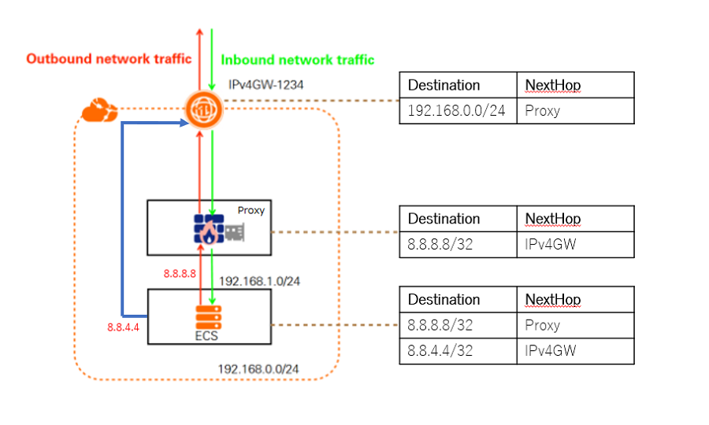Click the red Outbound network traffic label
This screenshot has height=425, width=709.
click(x=109, y=58)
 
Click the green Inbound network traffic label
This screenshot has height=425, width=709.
click(x=297, y=59)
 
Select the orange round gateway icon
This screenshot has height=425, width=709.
click(x=205, y=110)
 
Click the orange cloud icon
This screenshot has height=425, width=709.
click(x=99, y=111)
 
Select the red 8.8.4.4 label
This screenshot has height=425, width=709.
click(x=123, y=327)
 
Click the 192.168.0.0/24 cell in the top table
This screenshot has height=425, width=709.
click(x=457, y=110)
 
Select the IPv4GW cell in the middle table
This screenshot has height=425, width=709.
click(x=550, y=244)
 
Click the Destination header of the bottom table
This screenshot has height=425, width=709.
click(x=444, y=300)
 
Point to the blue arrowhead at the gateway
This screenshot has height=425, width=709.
click(x=186, y=123)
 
